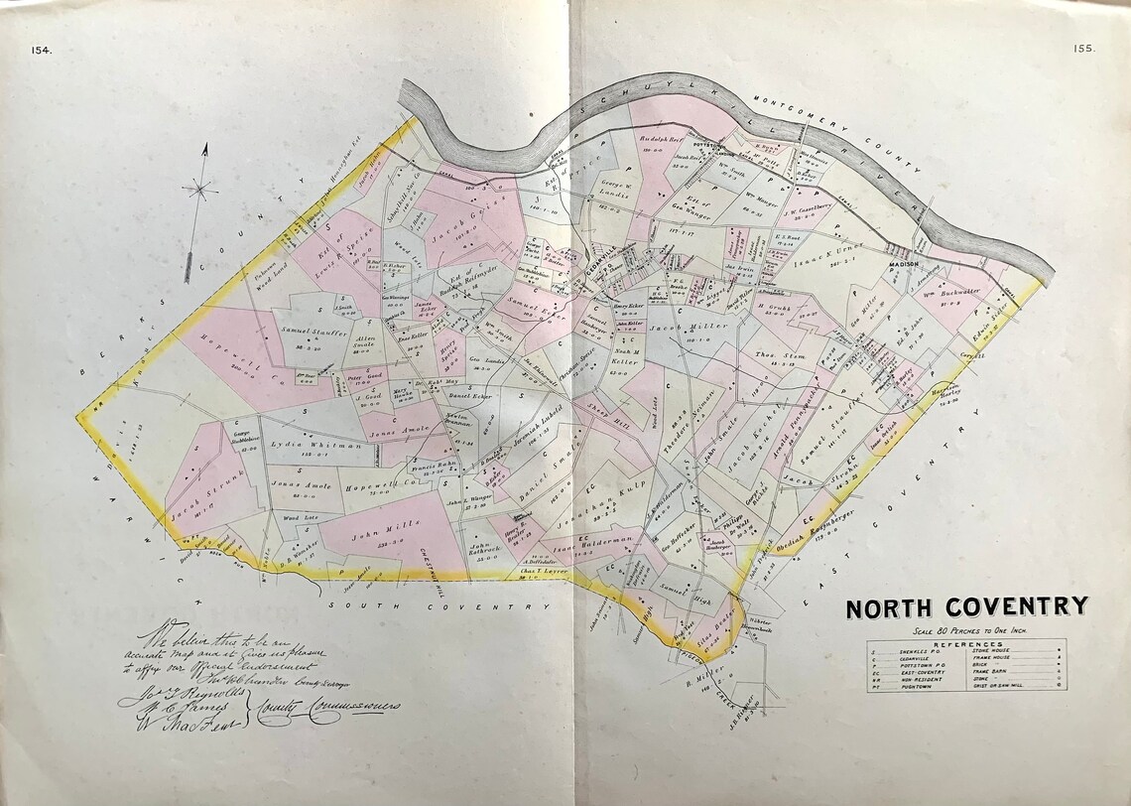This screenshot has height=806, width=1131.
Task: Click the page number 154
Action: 41,50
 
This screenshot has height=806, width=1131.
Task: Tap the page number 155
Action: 1082,49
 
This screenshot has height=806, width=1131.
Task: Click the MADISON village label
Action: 904,266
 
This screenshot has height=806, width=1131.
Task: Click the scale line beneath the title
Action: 966,630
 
